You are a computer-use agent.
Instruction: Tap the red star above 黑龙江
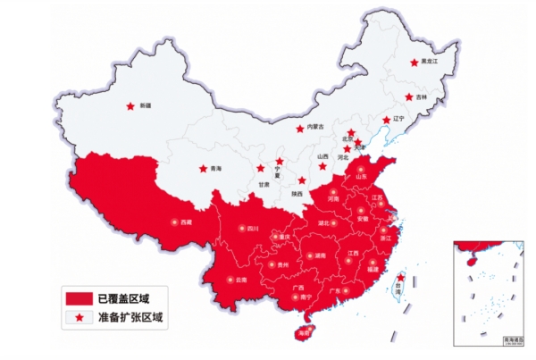[414, 62]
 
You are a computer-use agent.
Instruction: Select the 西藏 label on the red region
[186, 222]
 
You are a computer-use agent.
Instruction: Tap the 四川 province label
[253, 229]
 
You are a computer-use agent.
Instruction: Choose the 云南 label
[241, 280]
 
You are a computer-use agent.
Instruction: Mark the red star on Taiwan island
[400, 279]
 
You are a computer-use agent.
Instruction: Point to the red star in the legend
[79, 316]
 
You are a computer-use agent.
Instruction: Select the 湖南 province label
[320, 256]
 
